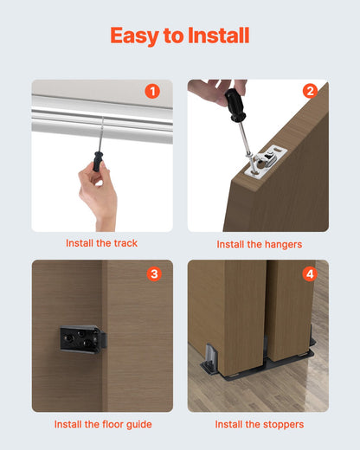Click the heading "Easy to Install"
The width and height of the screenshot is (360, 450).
180,35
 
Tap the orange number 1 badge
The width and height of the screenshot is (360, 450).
153,91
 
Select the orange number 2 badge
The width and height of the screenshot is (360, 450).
310,91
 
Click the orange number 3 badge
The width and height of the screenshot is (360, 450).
154,274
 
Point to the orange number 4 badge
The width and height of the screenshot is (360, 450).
310,274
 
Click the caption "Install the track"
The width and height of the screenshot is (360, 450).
102,243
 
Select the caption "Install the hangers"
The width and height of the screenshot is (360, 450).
259,244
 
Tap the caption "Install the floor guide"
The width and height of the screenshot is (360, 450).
102,424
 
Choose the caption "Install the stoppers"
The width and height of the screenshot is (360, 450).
259,424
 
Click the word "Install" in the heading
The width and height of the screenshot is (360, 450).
215,35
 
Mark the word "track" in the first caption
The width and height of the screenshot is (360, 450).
125,243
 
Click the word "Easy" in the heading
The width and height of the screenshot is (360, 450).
135,35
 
